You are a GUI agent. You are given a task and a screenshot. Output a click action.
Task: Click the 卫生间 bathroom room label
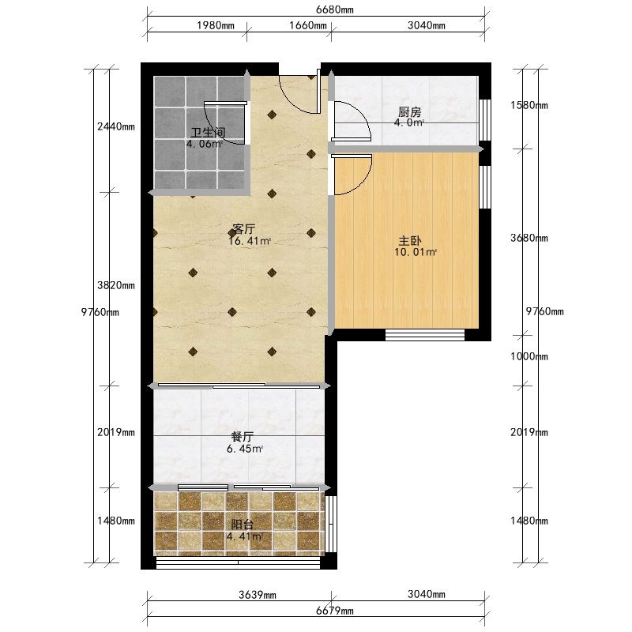[x=208, y=132]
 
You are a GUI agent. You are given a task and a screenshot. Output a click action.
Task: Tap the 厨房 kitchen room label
[x=409, y=112]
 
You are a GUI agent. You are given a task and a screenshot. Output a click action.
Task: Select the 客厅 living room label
[x=244, y=229]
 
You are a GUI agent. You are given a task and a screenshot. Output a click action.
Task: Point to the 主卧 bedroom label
[x=410, y=241]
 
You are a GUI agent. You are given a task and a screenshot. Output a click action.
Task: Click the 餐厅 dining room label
[x=243, y=437]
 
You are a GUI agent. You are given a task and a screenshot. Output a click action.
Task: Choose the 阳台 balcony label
[x=243, y=525]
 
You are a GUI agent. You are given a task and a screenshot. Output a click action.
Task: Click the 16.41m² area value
[x=250, y=241]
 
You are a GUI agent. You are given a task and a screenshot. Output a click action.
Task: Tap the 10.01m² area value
[x=416, y=252]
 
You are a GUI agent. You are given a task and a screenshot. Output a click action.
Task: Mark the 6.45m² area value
[x=245, y=449]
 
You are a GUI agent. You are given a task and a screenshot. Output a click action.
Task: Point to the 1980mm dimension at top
[x=216, y=25]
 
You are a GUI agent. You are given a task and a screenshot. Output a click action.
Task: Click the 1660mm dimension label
[x=308, y=25]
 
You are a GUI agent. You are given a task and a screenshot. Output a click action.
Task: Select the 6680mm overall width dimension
[x=334, y=9]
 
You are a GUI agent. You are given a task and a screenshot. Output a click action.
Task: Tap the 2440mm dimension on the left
[x=116, y=126]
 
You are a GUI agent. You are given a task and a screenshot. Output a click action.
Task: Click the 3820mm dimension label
[x=116, y=285]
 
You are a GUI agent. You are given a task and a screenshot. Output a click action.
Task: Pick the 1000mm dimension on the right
[x=529, y=356]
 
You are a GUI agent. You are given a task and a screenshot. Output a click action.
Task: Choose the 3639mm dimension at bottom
[x=258, y=595]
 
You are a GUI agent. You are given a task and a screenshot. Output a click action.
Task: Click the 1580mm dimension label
[x=529, y=105]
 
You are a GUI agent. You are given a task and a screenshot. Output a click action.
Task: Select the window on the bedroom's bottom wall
[x=425, y=335]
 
